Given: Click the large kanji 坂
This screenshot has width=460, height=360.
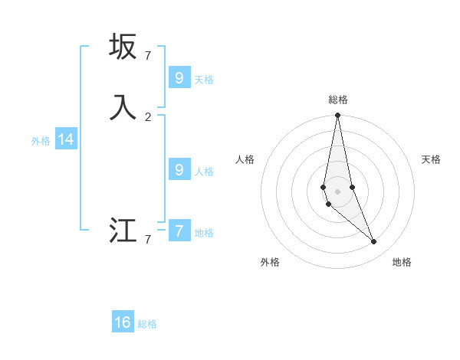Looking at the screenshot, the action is click(123, 47).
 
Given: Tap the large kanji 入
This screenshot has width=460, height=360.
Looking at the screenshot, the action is click(123, 107).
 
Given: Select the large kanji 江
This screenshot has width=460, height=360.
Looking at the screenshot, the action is click(123, 231).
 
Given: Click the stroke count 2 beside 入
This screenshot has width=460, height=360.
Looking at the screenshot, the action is click(148, 116).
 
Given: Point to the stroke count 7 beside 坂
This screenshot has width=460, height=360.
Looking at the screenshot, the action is click(148, 55).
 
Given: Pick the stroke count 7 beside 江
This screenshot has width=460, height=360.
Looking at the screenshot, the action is click(148, 239).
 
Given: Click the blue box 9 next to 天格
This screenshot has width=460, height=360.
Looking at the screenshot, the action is click(179, 77).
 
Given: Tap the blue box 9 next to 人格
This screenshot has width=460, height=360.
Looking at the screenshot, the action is click(179, 169).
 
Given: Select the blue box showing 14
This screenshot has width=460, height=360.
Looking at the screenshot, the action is click(66, 139).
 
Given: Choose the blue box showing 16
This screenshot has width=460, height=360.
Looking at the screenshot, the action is click(123, 322).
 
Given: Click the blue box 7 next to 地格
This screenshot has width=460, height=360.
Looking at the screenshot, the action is click(179, 231).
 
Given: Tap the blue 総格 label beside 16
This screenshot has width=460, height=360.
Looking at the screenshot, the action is click(147, 324).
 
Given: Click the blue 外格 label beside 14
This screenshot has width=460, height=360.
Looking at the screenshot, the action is click(41, 141).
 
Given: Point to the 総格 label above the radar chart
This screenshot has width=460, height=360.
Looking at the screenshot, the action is click(337, 100).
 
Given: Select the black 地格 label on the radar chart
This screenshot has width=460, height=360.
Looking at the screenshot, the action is click(402, 262).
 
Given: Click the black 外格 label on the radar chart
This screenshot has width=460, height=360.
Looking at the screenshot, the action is click(270, 262).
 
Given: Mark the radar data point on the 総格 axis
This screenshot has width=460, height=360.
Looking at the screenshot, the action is click(337, 116).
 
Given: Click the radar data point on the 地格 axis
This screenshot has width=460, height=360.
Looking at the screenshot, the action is click(373, 242).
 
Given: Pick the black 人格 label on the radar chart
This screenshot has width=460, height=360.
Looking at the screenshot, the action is click(245, 159).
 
